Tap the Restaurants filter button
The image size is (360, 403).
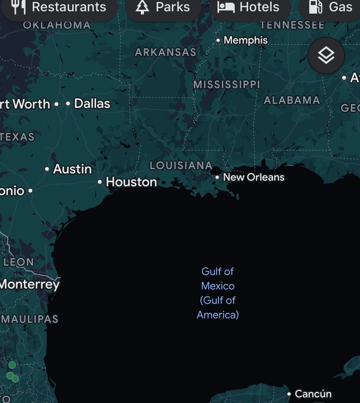click(x=60, y=7)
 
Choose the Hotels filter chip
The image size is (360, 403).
click(x=250, y=7)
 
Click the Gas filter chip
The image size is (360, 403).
click(x=331, y=7)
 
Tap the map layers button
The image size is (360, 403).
click(x=326, y=55)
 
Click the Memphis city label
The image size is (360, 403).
click(x=246, y=40)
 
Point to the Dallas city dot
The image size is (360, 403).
click(x=68, y=104)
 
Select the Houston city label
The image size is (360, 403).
click(x=131, y=182)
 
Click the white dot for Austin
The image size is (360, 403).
click(x=47, y=169)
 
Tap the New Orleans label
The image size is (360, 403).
click(x=254, y=177)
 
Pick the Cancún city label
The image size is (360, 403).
click(x=313, y=394)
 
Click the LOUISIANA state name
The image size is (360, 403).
click(x=181, y=165)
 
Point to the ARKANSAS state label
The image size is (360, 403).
click(x=165, y=52)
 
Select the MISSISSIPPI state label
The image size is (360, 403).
click(x=227, y=85)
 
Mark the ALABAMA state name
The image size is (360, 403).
click(x=291, y=100)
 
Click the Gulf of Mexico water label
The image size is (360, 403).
click(x=218, y=293)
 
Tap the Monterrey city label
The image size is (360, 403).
click(x=29, y=285)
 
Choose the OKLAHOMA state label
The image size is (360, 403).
click(x=57, y=25)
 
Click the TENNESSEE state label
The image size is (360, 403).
click(x=292, y=25)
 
